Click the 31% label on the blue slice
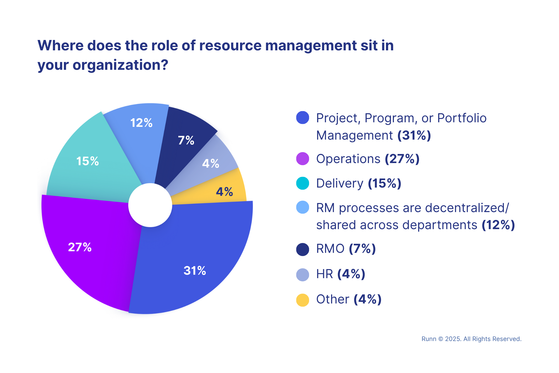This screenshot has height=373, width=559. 195,271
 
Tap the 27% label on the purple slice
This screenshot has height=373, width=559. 80,247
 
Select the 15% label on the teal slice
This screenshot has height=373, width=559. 88,161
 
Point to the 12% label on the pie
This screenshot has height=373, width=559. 141,123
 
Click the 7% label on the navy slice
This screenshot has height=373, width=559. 186,140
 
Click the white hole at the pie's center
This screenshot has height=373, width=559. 150,205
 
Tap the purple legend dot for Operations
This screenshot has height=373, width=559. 303,159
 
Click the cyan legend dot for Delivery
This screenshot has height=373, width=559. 303,183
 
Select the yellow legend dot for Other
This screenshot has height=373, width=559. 303,300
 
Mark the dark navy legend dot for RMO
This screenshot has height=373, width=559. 303,249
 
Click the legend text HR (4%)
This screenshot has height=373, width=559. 341,274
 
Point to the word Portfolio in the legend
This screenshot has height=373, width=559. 462,118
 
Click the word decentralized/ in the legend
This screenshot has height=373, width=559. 456,208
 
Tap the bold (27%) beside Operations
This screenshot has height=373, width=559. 402,159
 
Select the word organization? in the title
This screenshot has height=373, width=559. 120,65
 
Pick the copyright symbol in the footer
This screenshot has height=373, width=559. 441,339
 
